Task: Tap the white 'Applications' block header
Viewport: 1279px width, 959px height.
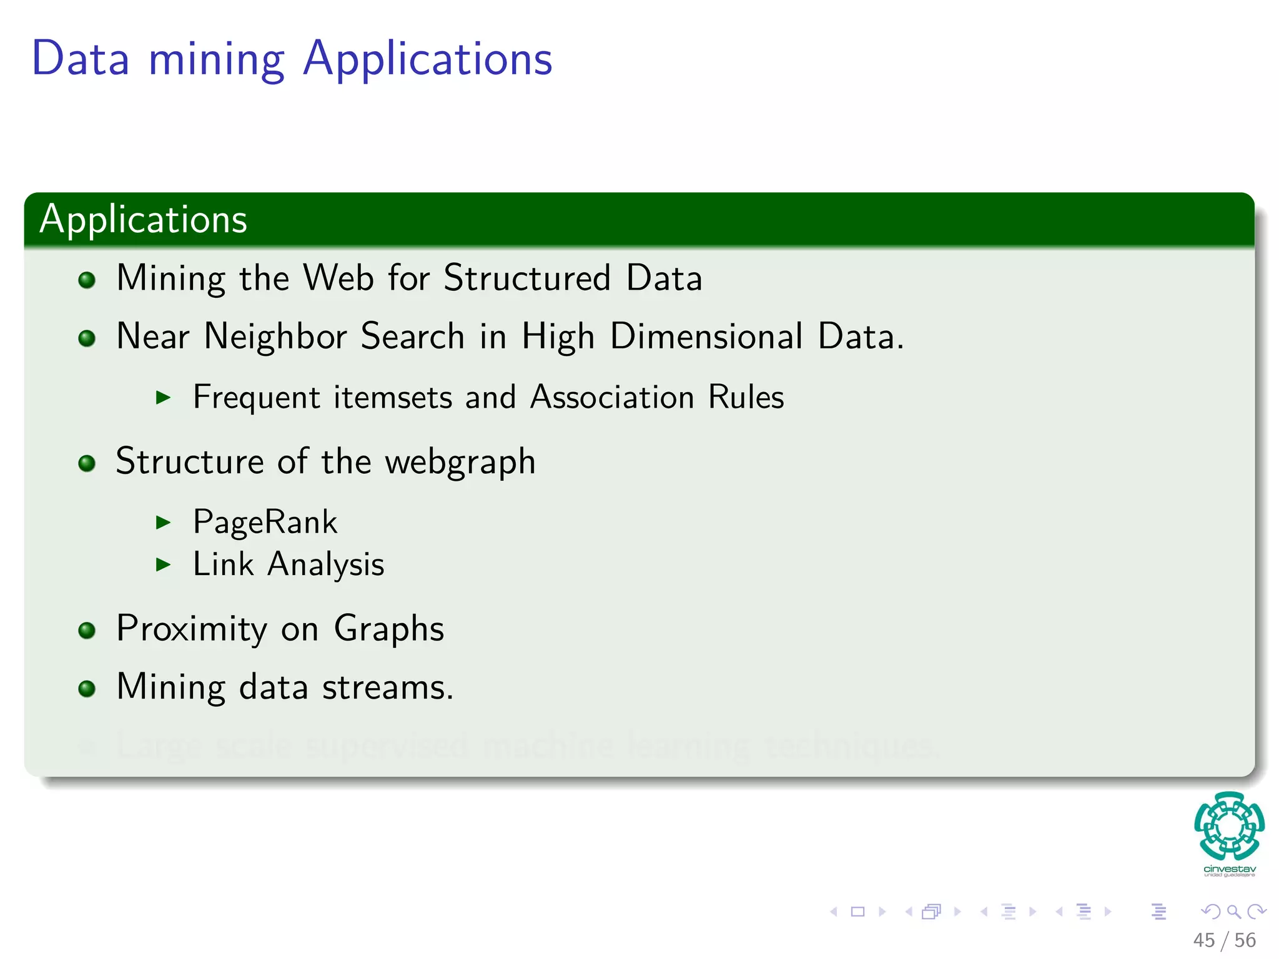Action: (x=144, y=219)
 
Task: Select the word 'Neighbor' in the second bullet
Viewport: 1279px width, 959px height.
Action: (x=275, y=337)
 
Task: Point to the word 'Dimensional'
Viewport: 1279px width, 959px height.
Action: (x=706, y=337)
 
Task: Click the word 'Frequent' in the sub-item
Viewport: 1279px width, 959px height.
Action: (x=257, y=398)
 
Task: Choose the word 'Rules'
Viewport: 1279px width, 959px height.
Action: (x=746, y=397)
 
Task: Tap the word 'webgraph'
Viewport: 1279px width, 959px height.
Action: (x=460, y=463)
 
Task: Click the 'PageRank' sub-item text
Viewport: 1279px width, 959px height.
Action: (x=265, y=522)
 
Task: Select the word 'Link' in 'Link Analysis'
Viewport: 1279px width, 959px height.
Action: (x=223, y=564)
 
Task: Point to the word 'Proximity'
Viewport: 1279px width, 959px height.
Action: (x=192, y=629)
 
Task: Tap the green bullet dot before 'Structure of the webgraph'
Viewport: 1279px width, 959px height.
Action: (x=87, y=463)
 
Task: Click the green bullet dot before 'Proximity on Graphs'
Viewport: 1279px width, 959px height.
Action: (x=87, y=630)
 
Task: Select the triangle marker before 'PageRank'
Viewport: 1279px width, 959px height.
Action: (x=163, y=523)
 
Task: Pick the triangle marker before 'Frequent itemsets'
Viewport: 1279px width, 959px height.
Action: (x=163, y=398)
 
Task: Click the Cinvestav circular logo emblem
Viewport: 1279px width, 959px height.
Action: (x=1229, y=825)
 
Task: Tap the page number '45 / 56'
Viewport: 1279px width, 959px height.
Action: (x=1224, y=940)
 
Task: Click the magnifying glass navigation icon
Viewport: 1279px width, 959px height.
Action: (x=1233, y=912)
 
